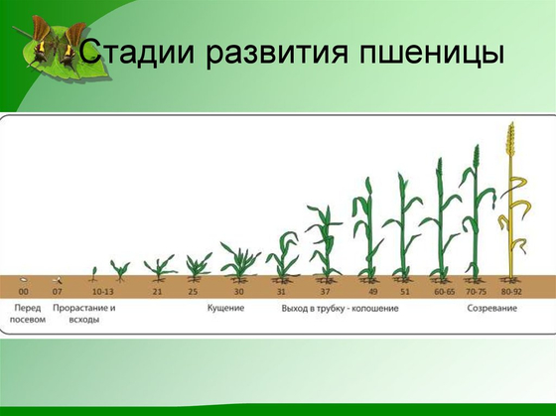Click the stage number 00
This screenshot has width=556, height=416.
[x=24, y=292]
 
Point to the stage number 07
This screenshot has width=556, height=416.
[x=57, y=292]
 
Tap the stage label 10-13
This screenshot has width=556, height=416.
[x=103, y=292]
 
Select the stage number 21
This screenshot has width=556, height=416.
[x=158, y=292]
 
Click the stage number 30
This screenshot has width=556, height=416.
[x=238, y=292]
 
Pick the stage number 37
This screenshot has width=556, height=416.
[x=325, y=292]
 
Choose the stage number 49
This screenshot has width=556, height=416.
[x=373, y=292]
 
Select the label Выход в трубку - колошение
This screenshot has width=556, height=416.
[x=340, y=309]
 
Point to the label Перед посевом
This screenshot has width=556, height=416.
[x=28, y=314]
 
